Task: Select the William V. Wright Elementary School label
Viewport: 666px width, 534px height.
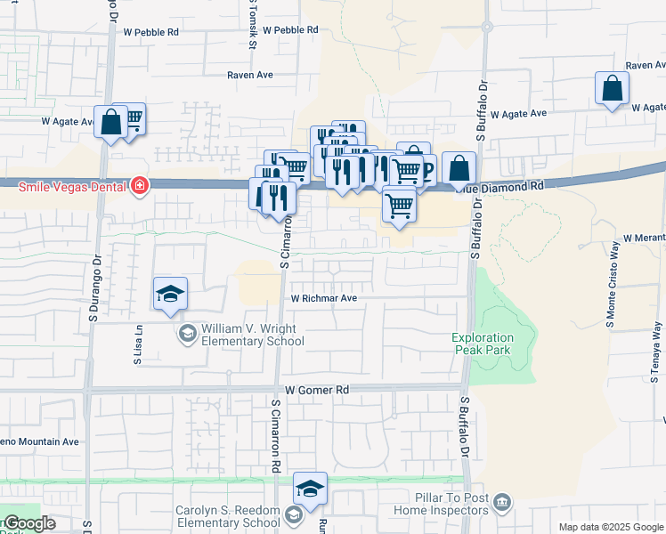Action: click(253, 335)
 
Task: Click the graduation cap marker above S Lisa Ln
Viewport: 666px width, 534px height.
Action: click(170, 295)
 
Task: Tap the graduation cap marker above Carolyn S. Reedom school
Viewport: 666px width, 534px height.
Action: click(310, 489)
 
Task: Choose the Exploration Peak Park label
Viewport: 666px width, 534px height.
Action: click(483, 344)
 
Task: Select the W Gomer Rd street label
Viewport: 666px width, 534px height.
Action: click(317, 390)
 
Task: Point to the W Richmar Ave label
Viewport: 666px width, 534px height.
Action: click(323, 299)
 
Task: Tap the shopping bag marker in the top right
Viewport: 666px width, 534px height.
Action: click(612, 88)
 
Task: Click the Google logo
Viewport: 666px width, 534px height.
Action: click(28, 523)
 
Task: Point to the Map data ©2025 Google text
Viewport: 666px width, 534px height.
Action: click(611, 527)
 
